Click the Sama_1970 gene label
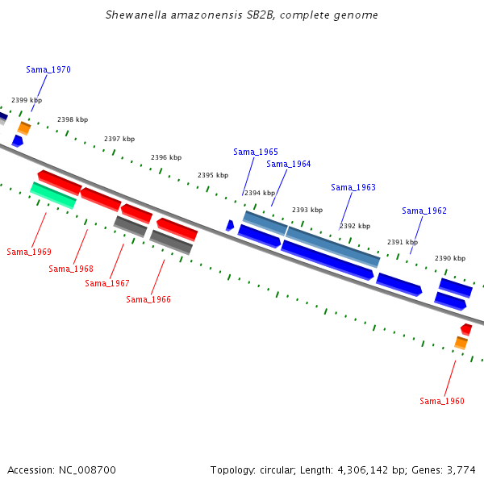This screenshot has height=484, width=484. pos(48,69)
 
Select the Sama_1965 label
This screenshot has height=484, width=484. pos(256,152)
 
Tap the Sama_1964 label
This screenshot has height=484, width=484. pos(289,164)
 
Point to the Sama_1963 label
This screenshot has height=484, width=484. pos(353,187)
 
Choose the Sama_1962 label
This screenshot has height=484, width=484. pos(424,211)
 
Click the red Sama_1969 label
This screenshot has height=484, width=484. pos(29,252)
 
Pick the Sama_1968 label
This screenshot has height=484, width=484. pos(71,269)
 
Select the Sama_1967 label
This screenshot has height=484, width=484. pos(107,283)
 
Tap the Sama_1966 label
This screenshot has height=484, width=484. pos(148,299)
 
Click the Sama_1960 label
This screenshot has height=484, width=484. pos(442,401)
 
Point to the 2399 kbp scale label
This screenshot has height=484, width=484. pos(27,100)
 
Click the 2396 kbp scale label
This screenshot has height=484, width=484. pos(166,157)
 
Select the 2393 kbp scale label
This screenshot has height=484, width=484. pos(307,210)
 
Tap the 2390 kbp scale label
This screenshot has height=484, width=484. pos(450,258)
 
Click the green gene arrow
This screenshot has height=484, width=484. pos(53,196)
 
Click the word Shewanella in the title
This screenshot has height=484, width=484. pos(136,15)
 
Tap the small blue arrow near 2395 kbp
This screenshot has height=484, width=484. pos(230,225)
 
